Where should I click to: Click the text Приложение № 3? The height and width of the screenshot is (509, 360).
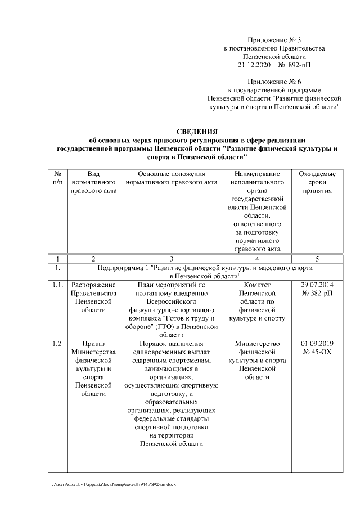274,40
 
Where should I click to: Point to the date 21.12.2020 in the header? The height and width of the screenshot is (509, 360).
254,65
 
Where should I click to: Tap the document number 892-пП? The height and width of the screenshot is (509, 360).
298,65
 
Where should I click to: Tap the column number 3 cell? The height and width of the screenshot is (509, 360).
170,259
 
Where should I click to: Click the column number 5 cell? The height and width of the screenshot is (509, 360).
317,259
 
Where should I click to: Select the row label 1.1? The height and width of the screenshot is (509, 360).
56,285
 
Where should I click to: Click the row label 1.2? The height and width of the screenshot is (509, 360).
56,344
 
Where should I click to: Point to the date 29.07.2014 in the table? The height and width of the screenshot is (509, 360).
317,285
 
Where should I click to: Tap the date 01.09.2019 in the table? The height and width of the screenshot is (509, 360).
317,344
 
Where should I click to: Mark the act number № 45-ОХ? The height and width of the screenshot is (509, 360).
317,352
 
